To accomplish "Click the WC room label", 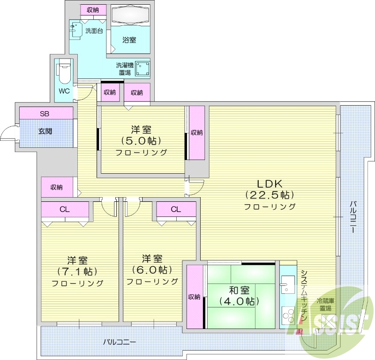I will click(64, 91).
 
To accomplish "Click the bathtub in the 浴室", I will click(131, 17).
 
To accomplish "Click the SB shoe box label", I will click(45, 113).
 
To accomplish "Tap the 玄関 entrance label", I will click(45, 130).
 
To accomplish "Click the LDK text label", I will click(270, 184).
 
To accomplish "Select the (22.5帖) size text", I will click(270, 195).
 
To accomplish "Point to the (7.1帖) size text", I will click(77, 271).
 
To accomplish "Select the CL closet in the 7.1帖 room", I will click(65, 209).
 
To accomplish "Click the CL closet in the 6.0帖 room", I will click(176, 209).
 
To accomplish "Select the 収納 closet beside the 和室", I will click(194, 297).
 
